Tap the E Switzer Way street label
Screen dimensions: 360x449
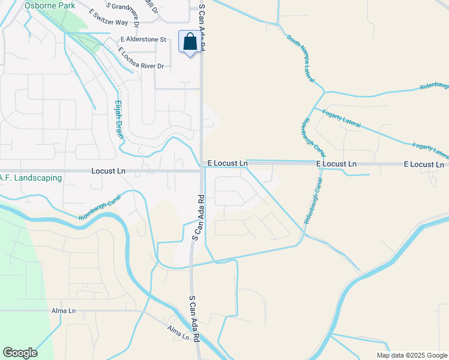tap(108, 17)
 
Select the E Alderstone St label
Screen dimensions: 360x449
tap(142, 40)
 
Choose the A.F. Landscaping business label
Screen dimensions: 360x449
tap(31, 178)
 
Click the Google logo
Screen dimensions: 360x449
tap(20, 353)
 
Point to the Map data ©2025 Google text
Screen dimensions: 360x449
tap(411, 355)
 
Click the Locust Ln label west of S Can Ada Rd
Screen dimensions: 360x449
tap(108, 171)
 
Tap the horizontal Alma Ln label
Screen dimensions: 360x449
tap(64, 311)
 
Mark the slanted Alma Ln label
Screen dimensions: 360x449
tap(178, 334)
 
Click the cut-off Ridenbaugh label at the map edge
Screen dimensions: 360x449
tap(434, 86)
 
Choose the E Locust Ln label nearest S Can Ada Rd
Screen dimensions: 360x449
tap(228, 163)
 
